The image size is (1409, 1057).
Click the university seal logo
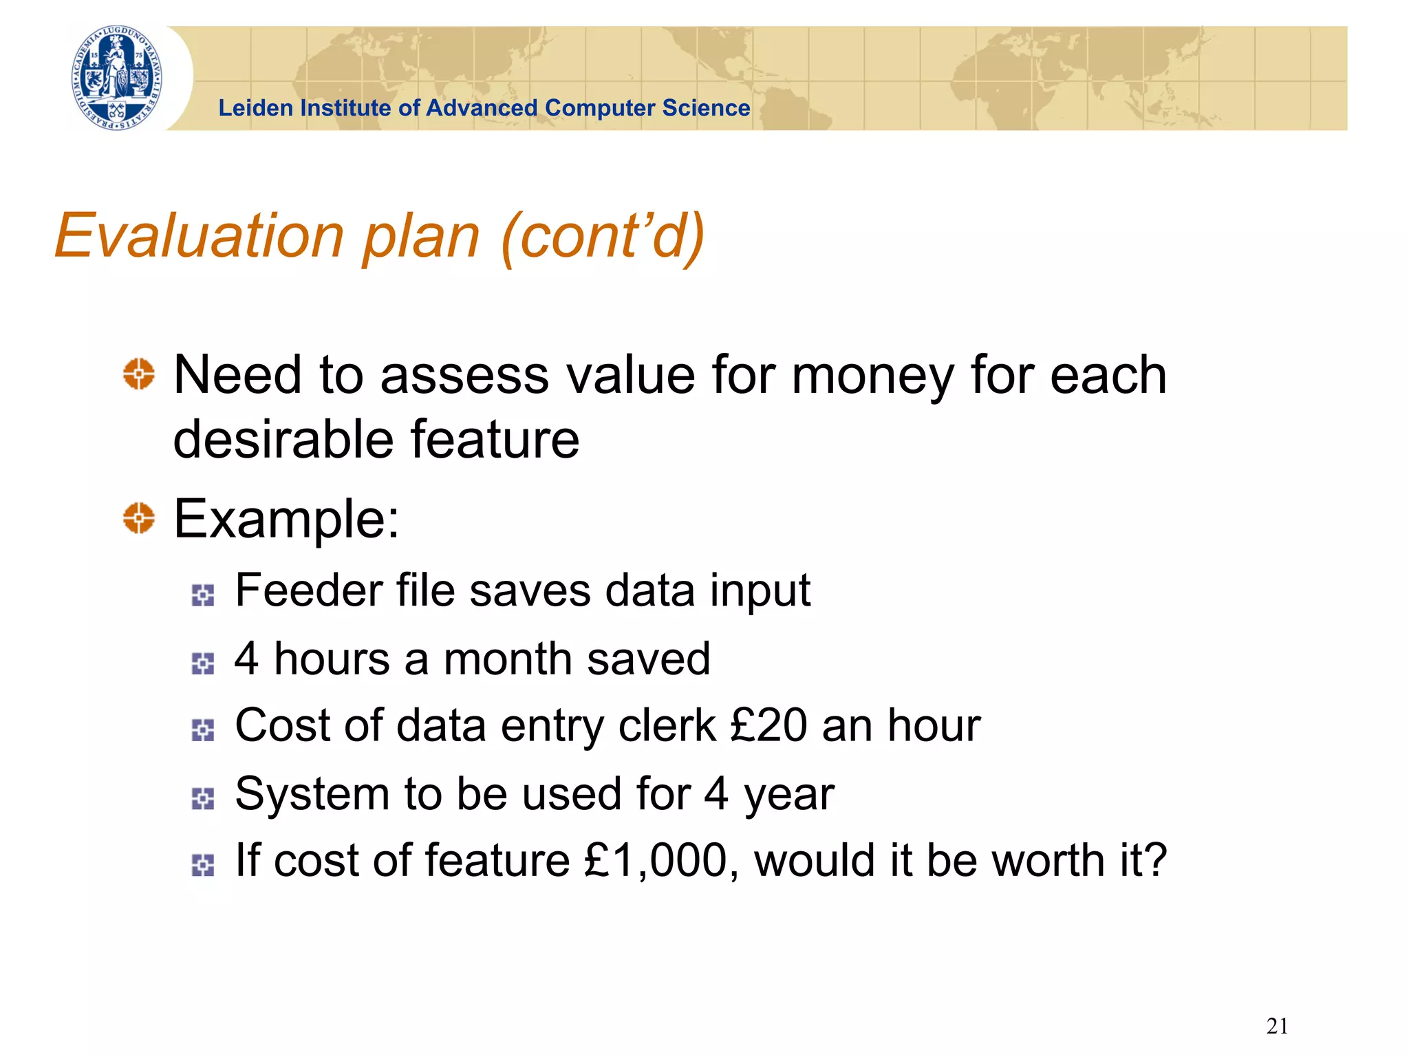[x=118, y=78]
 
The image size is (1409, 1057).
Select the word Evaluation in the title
[x=199, y=236]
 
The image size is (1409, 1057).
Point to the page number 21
[x=1277, y=1026]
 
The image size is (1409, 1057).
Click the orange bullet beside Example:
[x=139, y=517]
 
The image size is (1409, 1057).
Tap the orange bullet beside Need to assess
[x=139, y=374]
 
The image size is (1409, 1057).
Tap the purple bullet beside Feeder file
[x=203, y=595]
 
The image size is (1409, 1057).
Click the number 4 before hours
[x=246, y=659]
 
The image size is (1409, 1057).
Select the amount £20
[x=768, y=725]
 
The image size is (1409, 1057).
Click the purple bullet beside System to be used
[x=203, y=798]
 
